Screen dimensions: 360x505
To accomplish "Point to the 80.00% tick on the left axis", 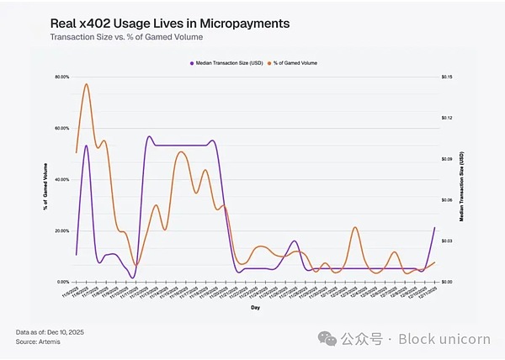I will (x=61, y=77).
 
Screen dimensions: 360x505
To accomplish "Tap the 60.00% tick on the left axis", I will (x=61, y=129).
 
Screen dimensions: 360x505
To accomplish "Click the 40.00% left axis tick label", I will (x=61, y=180).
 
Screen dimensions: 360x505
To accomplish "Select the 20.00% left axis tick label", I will (x=61, y=230).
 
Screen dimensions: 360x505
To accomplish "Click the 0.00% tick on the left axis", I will (x=62, y=282).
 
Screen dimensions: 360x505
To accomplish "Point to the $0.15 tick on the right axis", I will (x=447, y=77).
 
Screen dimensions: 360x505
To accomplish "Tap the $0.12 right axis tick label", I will (x=447, y=119).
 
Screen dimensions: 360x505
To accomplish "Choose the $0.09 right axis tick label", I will (x=447, y=159).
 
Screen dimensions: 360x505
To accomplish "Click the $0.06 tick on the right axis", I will (x=447, y=200).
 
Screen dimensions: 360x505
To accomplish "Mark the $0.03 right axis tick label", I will (x=447, y=241).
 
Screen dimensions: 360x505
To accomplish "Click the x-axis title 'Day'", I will (x=254, y=308).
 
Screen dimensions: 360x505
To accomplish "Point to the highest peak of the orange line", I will (x=86, y=84).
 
